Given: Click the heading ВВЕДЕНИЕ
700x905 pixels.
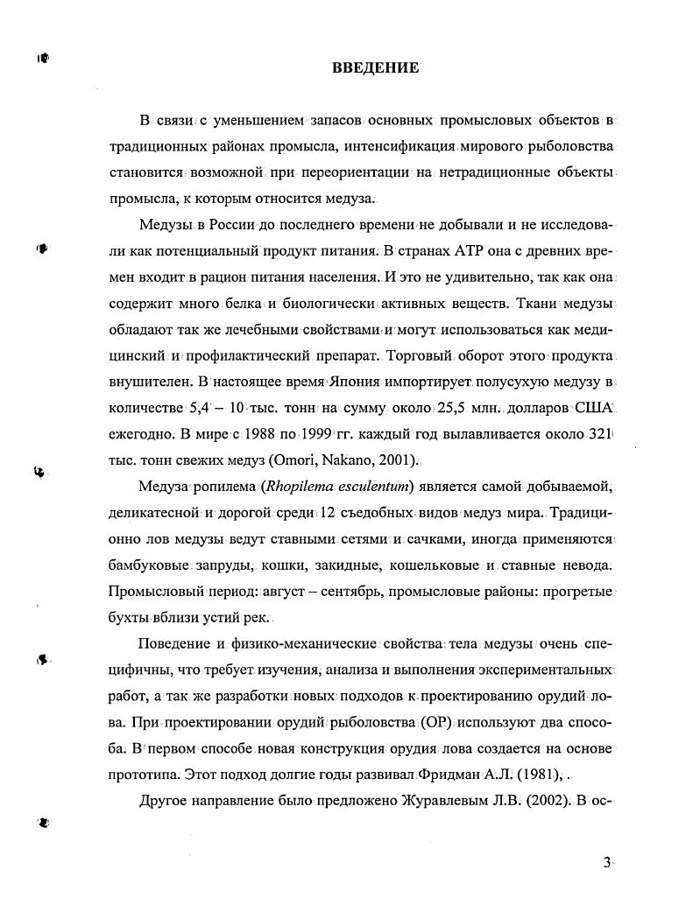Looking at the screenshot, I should [376, 67].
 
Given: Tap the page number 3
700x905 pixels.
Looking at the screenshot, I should [606, 862].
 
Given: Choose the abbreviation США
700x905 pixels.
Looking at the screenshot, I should [596, 408].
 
